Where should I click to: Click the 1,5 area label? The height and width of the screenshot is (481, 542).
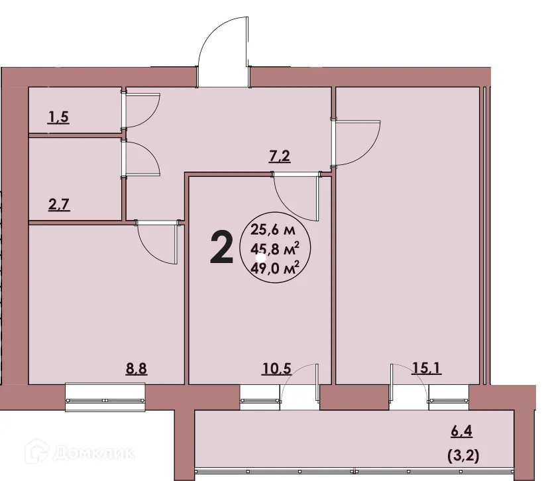click(58, 119)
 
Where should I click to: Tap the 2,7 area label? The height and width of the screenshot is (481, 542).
click(58, 203)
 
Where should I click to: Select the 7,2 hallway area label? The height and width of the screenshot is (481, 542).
click(280, 157)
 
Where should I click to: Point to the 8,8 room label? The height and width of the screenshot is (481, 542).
click(136, 369)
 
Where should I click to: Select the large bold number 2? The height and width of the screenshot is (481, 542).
click(221, 247)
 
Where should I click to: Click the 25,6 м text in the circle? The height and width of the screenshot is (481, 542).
click(273, 231)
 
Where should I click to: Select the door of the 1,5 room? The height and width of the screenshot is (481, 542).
click(141, 110)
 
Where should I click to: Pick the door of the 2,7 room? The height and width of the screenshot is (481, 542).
click(141, 159)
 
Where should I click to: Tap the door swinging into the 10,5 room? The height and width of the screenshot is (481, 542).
click(297, 199)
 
